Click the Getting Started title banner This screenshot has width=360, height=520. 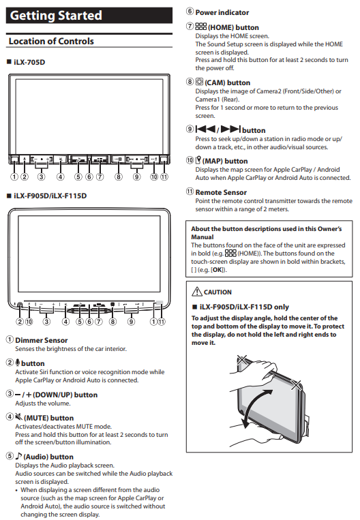[89, 16]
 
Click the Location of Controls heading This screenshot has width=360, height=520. [51, 41]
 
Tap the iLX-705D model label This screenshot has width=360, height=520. [29, 62]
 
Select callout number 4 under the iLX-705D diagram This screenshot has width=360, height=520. [61, 177]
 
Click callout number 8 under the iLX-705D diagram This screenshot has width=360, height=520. [119, 177]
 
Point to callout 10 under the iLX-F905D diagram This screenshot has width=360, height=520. [29, 322]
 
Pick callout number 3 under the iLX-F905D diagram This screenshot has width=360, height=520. [46, 322]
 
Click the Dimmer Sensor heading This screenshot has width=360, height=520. [42, 340]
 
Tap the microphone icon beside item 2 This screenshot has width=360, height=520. [18, 363]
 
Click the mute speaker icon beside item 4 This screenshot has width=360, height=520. [19, 417]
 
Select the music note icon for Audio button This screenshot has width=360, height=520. [19, 456]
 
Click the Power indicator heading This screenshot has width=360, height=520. [222, 12]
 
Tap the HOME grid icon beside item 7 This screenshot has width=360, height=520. [200, 26]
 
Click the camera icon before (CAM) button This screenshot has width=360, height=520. [199, 82]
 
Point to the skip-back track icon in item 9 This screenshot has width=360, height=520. [205, 129]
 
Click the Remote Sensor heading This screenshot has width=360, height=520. [221, 192]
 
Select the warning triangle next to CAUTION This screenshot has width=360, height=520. [197, 291]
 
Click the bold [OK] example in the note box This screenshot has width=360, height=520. [217, 270]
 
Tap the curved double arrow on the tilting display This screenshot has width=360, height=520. [255, 409]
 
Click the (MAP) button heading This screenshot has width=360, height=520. [225, 161]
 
